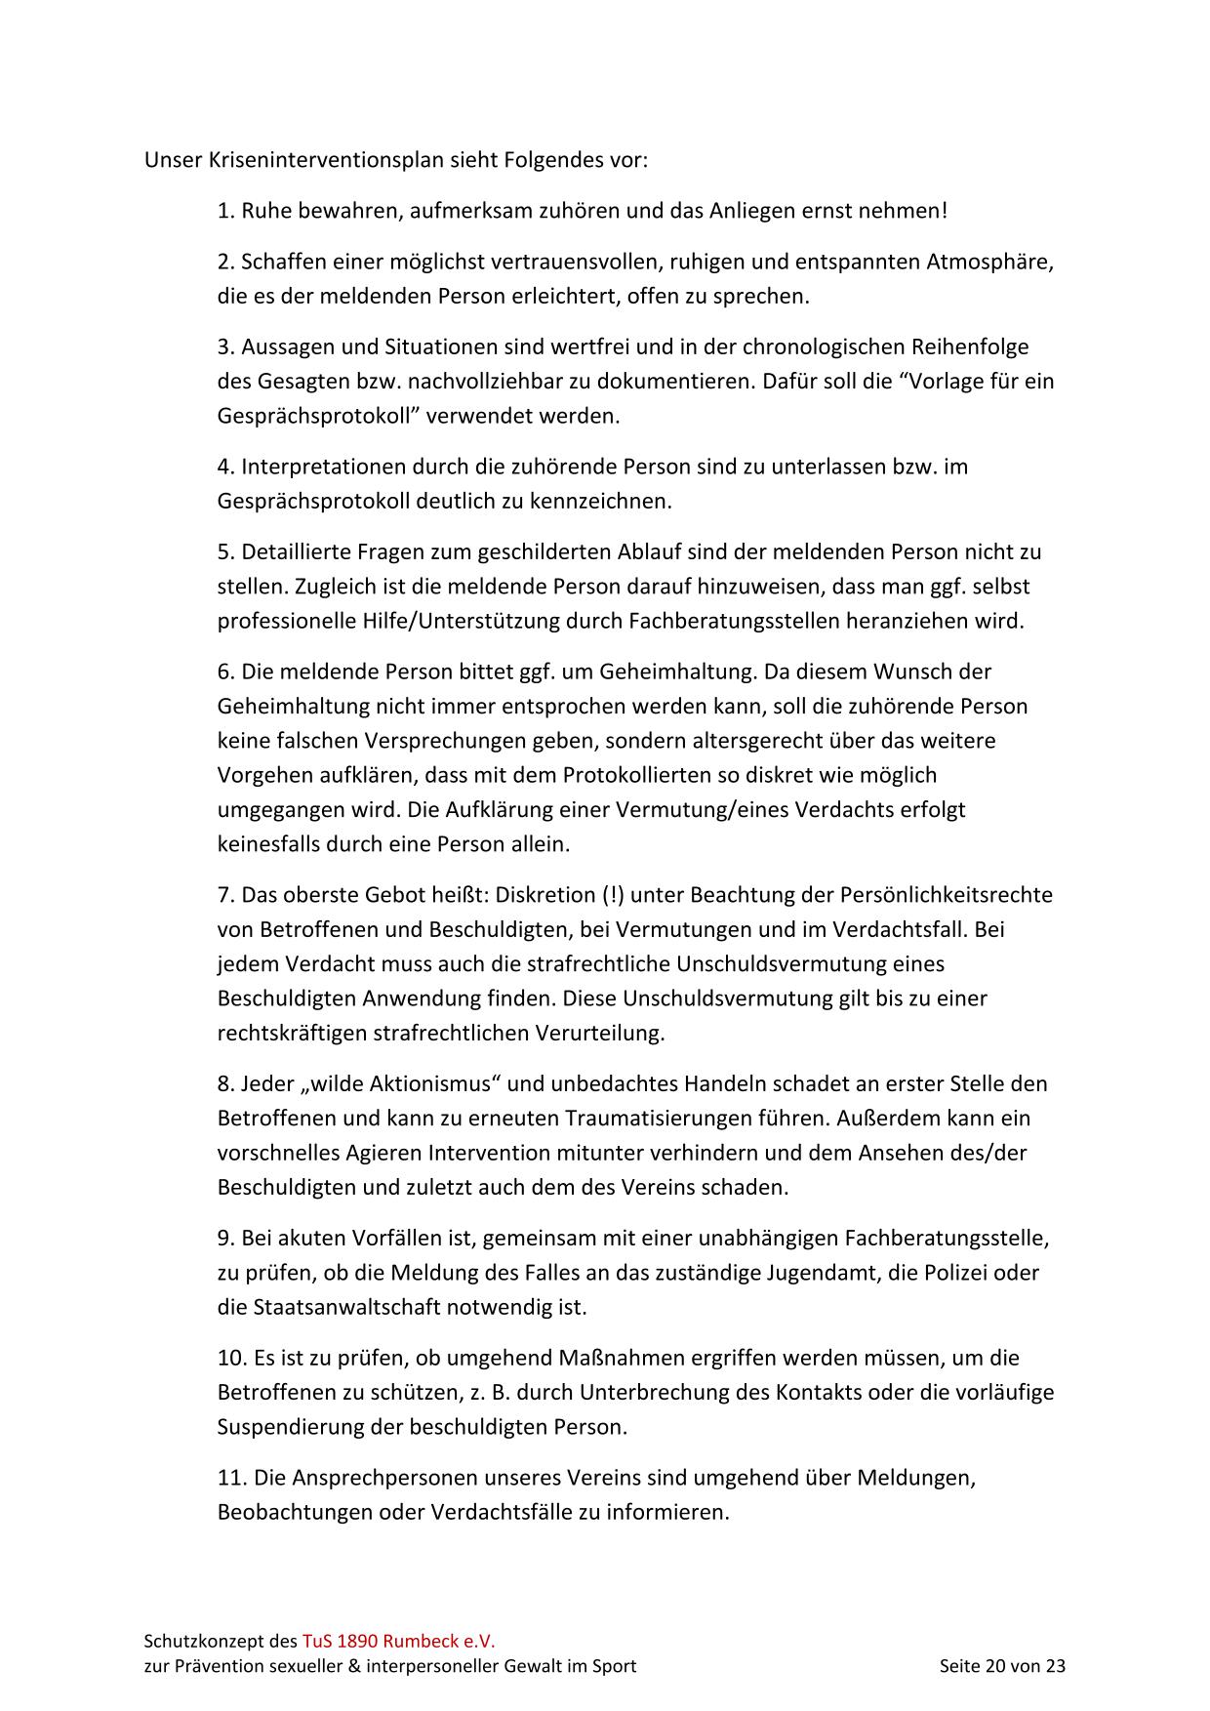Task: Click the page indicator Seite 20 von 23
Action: click(x=1002, y=1665)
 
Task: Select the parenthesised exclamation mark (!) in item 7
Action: click(x=614, y=895)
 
